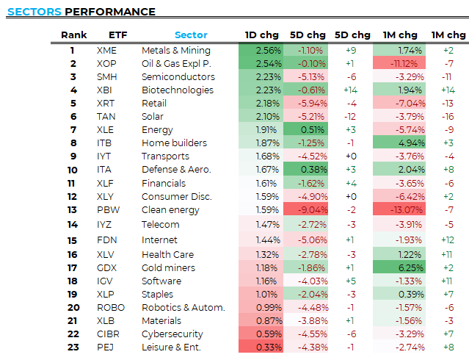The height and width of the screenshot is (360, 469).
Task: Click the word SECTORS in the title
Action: [33, 12]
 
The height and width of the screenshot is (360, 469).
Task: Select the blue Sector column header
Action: [191, 35]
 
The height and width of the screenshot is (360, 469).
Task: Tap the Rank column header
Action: [73, 35]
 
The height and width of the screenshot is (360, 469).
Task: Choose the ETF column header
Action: [117, 35]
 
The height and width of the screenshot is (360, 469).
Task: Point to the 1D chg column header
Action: [261, 35]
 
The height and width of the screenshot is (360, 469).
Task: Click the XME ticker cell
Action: [106, 51]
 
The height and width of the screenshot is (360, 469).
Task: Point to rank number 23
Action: [73, 348]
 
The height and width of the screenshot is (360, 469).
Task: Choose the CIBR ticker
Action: [108, 334]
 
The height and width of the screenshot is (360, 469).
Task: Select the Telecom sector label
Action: [160, 224]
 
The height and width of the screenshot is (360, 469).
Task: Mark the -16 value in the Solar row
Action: [447, 117]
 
